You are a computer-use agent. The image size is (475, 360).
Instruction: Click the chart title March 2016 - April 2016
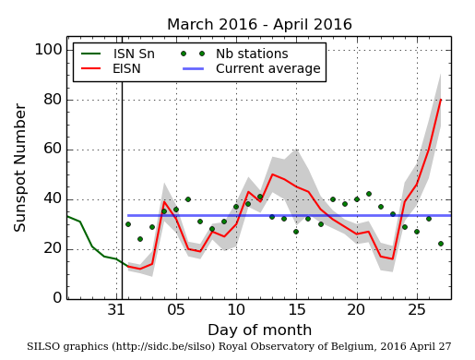tap(259, 25)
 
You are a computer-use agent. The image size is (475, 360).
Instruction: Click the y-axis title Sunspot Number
tap(20, 167)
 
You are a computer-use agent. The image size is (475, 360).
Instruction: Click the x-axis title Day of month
tap(259, 330)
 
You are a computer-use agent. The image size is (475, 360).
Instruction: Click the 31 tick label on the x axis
tap(115, 309)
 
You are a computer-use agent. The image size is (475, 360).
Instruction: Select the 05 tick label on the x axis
tap(175, 309)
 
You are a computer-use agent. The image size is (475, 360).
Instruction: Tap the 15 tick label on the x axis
tap(296, 309)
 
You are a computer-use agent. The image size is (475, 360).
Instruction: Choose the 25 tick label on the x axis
tap(416, 309)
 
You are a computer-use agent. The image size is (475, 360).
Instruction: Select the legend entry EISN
tap(126, 68)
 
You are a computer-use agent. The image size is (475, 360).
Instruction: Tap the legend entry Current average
tap(267, 68)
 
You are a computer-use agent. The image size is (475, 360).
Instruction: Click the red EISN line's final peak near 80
tap(440, 100)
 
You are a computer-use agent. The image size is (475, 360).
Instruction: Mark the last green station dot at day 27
tap(440, 244)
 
